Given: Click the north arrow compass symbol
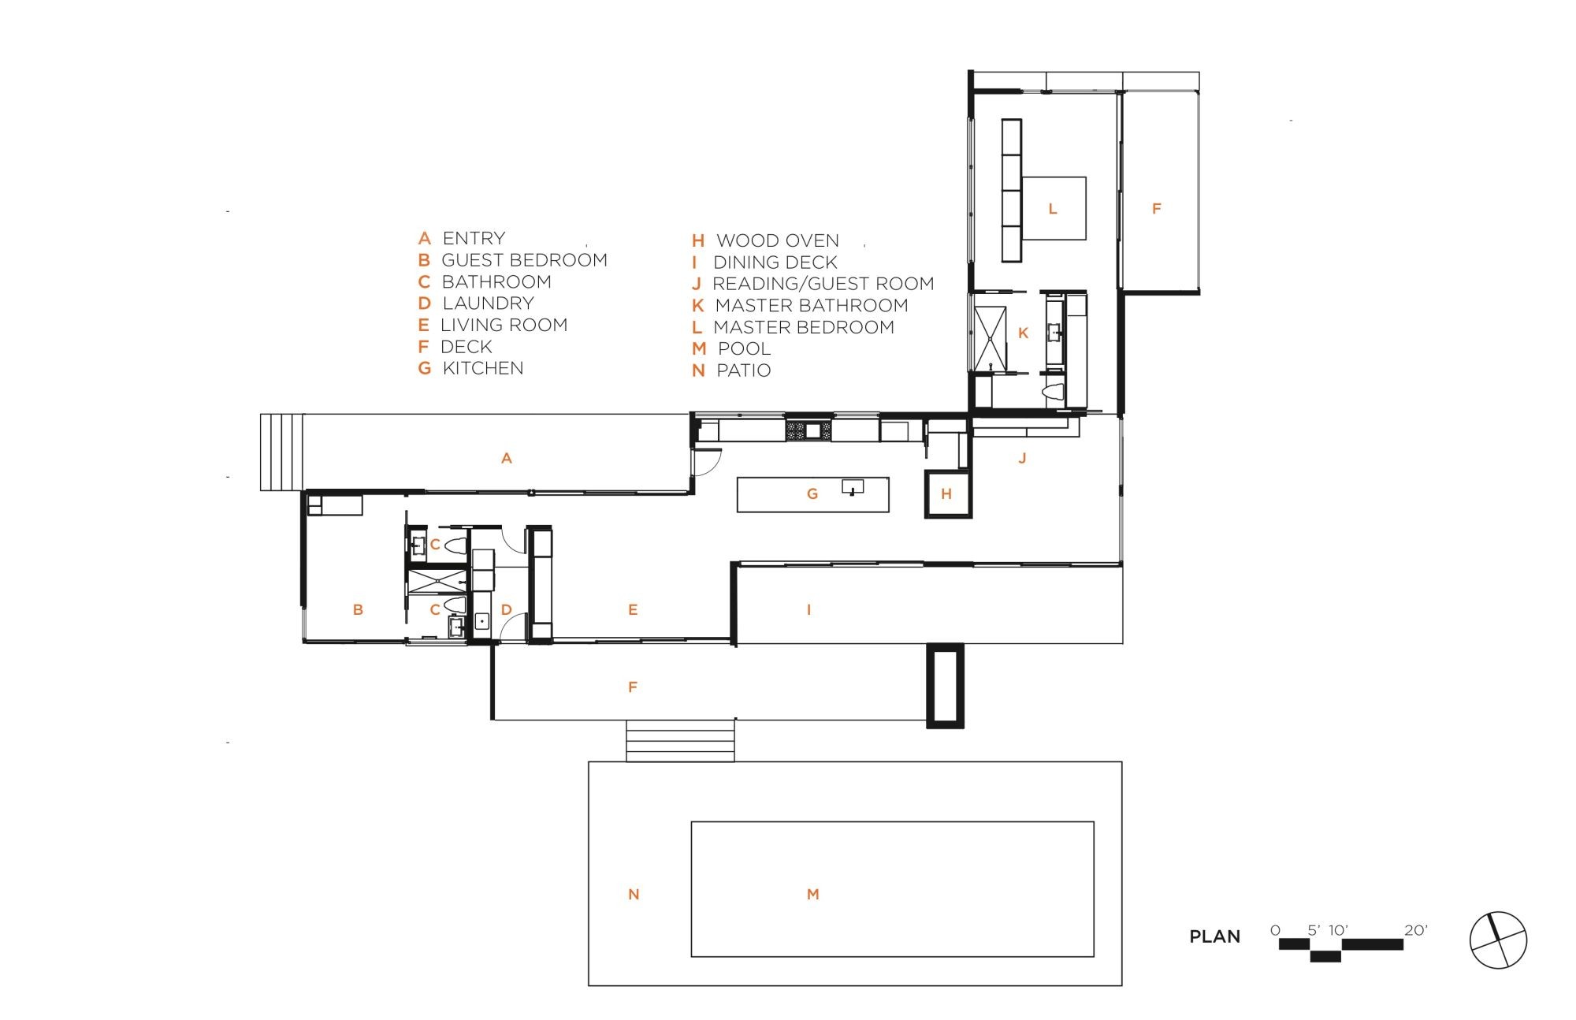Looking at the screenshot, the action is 1498,940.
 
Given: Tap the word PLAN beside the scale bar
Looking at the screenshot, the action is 1214,937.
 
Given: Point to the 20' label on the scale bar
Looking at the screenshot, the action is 1415,930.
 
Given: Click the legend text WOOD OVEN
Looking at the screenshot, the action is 777,240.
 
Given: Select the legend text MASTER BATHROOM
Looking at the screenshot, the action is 812,305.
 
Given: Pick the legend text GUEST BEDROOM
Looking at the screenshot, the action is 524,260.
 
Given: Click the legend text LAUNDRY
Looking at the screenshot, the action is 488,303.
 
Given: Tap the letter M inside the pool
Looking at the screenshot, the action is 813,894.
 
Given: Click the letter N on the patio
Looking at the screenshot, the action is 634,894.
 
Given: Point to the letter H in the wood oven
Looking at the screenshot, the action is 946,494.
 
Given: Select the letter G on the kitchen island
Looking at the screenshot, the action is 812,494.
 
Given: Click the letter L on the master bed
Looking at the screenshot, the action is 1052,209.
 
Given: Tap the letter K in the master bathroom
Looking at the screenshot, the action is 1023,333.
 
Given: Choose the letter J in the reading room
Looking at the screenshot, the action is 1022,458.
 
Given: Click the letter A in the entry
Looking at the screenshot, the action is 507,458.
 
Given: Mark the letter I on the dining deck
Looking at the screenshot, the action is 808,609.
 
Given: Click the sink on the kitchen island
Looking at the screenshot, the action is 853,486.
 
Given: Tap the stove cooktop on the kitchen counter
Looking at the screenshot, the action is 808,430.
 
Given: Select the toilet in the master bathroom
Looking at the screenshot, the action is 1054,392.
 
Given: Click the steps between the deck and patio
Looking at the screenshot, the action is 680,741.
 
